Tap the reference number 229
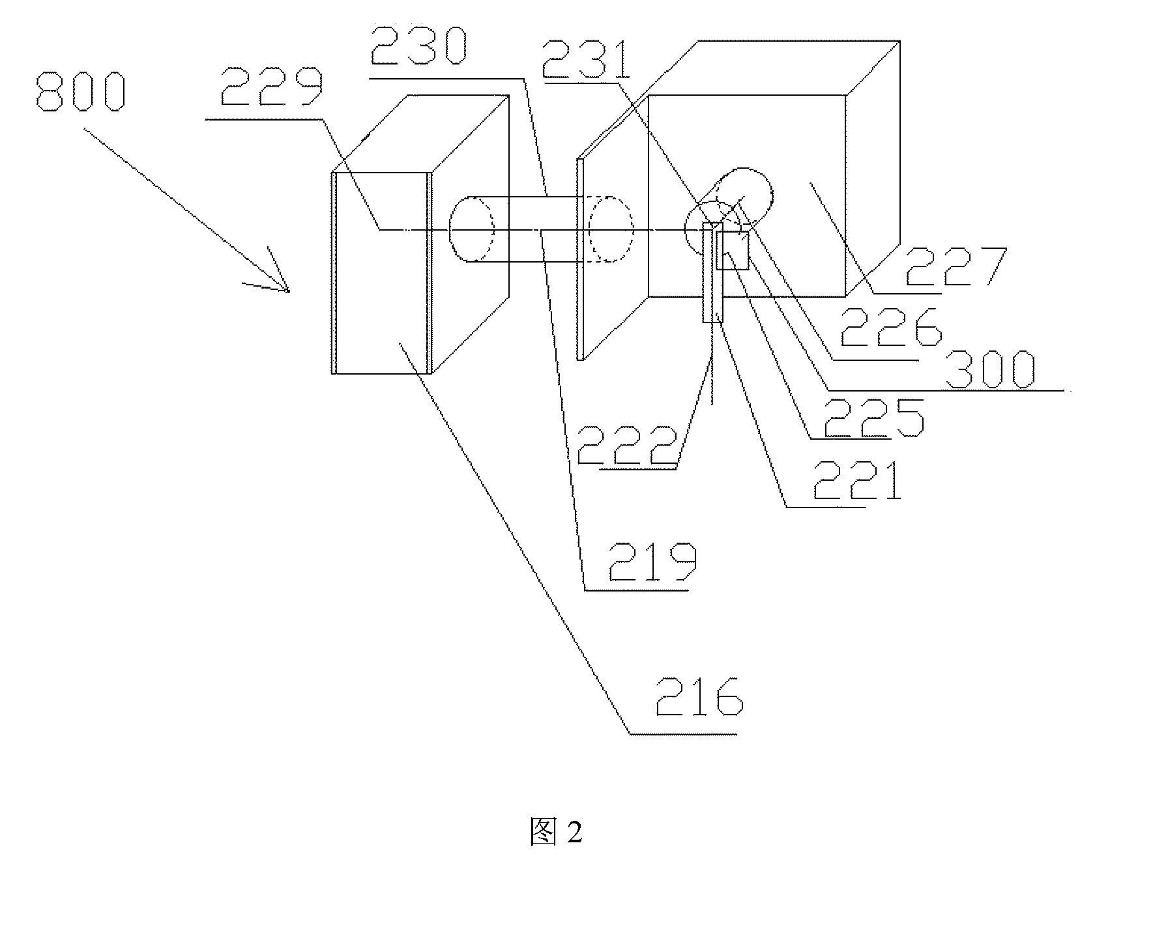click(x=271, y=85)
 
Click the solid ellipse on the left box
click(x=471, y=229)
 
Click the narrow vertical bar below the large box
click(x=713, y=272)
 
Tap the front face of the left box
click(x=382, y=273)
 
